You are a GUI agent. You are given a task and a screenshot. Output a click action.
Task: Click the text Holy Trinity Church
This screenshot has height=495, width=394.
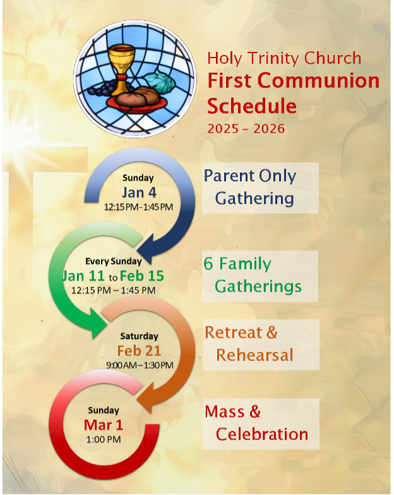click(284, 59)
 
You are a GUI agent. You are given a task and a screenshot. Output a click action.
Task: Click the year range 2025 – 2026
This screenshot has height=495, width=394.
click(246, 129)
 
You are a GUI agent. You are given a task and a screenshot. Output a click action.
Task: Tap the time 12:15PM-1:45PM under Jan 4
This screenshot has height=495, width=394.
click(138, 206)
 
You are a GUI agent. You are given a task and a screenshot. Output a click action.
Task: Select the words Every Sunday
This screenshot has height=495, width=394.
click(114, 261)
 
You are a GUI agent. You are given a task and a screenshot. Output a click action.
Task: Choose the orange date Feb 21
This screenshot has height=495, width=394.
click(139, 350)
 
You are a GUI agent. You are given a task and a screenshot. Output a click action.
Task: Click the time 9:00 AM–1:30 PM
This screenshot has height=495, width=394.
click(140, 365)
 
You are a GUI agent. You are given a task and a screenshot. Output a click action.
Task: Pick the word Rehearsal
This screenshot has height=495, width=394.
click(254, 355)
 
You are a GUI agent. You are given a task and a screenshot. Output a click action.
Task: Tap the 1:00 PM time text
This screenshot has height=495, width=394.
click(104, 439)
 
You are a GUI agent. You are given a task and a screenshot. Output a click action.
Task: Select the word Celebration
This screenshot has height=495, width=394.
click(262, 434)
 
